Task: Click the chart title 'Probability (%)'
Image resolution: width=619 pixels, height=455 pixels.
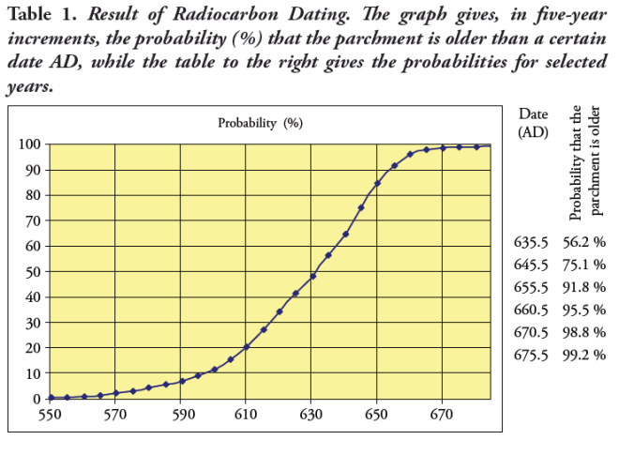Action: coord(261,123)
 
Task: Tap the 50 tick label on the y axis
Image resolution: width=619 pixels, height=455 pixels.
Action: coord(29,272)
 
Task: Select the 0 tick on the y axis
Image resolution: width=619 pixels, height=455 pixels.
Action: coord(33,399)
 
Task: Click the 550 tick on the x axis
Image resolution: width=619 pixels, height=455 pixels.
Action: coord(50,414)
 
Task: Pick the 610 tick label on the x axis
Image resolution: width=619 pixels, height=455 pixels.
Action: coord(247,414)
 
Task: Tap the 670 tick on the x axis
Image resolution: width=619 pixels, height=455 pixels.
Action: coord(443,414)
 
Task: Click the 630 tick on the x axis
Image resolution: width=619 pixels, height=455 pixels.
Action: coord(312,414)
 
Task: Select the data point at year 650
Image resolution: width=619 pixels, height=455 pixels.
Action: coord(377,184)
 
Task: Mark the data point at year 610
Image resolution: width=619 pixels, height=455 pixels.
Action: coord(247,347)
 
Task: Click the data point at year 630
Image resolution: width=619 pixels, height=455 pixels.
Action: coord(312,276)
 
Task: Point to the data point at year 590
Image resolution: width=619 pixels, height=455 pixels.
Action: coord(182,381)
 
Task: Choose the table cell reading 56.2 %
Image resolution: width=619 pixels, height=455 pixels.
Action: coord(584,242)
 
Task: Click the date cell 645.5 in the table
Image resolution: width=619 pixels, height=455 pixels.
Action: coord(531,265)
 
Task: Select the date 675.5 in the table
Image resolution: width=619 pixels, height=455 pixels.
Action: coord(531,355)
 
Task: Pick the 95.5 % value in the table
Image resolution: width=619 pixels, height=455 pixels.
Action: coord(584,310)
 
